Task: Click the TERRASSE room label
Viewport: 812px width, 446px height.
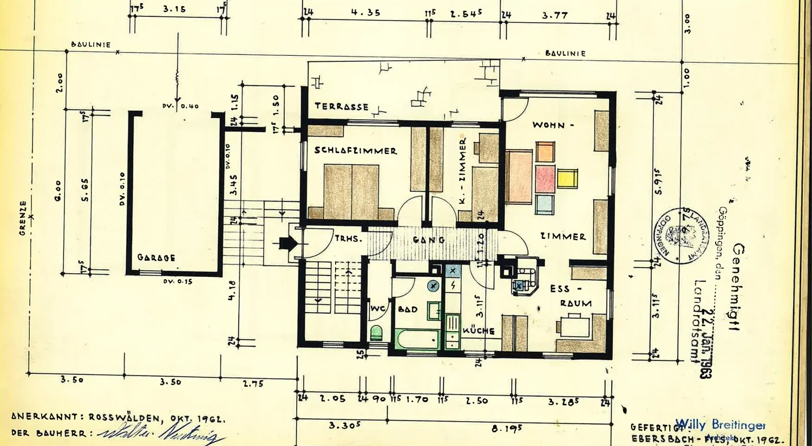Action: pyautogui.click(x=342, y=106)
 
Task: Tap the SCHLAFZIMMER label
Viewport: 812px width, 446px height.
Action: pyautogui.click(x=356, y=151)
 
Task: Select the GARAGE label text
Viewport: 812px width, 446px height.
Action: pyautogui.click(x=156, y=257)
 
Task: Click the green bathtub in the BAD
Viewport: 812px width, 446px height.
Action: pyautogui.click(x=417, y=340)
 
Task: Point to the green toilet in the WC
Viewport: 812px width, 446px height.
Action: pyautogui.click(x=376, y=332)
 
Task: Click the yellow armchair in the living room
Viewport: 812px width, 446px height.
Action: pyautogui.click(x=567, y=178)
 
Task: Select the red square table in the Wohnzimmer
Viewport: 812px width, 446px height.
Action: pyautogui.click(x=545, y=179)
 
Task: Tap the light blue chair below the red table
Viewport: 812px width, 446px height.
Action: pyautogui.click(x=545, y=204)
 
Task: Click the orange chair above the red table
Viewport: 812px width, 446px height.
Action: pyautogui.click(x=545, y=152)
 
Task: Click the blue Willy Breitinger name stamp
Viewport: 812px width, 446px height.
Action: pyautogui.click(x=720, y=424)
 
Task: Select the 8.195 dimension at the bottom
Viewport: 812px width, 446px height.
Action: pyautogui.click(x=507, y=428)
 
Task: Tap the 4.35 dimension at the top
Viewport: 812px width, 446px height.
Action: pyautogui.click(x=365, y=12)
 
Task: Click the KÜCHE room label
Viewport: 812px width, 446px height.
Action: pyautogui.click(x=479, y=331)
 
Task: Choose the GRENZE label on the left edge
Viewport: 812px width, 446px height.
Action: pyautogui.click(x=23, y=218)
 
